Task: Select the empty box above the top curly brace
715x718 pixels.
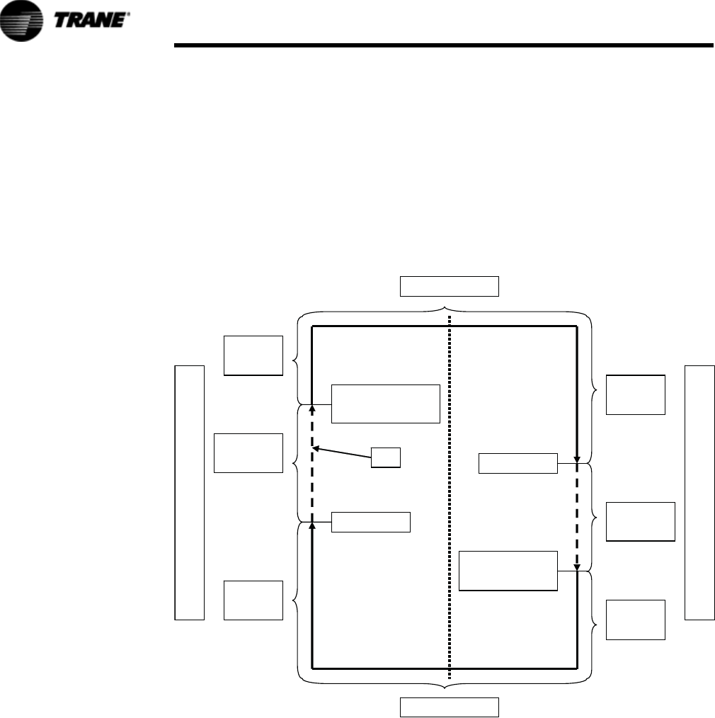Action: pos(450,286)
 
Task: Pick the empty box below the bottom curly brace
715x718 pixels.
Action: pos(450,707)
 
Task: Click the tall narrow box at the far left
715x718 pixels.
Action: pos(189,492)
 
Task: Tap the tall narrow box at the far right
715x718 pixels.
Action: pos(699,492)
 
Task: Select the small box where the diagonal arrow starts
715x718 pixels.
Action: pos(387,457)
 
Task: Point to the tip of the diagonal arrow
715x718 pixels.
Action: pos(315,448)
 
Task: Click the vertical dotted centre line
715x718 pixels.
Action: pos(450,496)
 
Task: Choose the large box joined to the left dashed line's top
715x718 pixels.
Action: pos(386,404)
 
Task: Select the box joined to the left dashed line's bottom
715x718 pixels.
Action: pos(371,522)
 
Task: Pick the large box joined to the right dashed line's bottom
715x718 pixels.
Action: pos(508,571)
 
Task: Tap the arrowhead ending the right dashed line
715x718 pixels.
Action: pos(577,566)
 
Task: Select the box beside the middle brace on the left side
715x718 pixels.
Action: pos(248,452)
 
